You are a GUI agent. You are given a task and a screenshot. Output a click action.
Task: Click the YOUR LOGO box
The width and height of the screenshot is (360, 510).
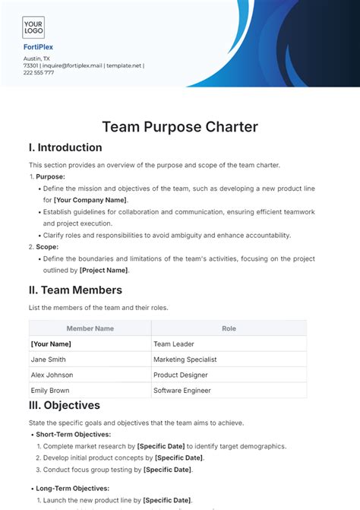[x=33, y=28]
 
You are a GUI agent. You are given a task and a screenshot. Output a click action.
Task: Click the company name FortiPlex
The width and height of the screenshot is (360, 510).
[x=38, y=47]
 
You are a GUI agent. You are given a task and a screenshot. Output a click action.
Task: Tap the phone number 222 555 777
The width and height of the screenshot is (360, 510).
[x=39, y=73]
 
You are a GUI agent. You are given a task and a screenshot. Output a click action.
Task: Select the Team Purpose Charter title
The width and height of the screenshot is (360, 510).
[x=180, y=127]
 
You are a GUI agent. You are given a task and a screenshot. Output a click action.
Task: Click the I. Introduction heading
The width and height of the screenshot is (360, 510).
[x=65, y=147]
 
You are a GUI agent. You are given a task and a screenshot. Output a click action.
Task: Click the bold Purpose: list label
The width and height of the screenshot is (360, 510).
[x=50, y=176]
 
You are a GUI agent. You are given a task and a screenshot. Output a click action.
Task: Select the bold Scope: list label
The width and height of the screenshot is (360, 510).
[x=48, y=247]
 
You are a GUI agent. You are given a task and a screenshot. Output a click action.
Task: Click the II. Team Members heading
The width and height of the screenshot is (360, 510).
[x=75, y=290]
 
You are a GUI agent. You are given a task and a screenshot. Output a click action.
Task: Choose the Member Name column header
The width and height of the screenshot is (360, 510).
[x=90, y=328]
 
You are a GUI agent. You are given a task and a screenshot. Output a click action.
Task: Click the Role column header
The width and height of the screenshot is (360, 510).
[x=229, y=328]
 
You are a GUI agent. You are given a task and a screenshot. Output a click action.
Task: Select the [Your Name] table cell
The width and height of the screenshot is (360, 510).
[x=52, y=344]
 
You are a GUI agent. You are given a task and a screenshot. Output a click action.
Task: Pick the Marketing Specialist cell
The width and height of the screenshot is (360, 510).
[x=185, y=360]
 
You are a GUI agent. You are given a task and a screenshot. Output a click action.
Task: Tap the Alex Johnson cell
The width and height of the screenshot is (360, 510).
[x=52, y=375]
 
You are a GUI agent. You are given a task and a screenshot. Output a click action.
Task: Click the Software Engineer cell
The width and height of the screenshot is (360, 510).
[x=182, y=391]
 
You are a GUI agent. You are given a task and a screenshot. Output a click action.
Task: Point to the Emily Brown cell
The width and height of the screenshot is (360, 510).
[x=50, y=391]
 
